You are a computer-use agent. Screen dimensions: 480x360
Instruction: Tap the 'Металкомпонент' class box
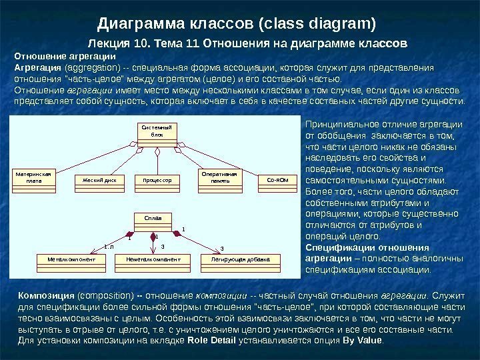coord(77,258)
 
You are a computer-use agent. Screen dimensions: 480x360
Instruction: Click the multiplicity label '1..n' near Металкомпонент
coord(109,247)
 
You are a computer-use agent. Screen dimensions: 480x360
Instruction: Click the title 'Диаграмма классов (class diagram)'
coord(237,25)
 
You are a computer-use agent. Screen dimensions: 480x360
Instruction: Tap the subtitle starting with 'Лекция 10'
coord(248,45)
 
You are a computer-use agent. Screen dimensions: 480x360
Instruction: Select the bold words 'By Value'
coord(362,341)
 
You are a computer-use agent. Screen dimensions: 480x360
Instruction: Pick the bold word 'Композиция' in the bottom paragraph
coord(41,295)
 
